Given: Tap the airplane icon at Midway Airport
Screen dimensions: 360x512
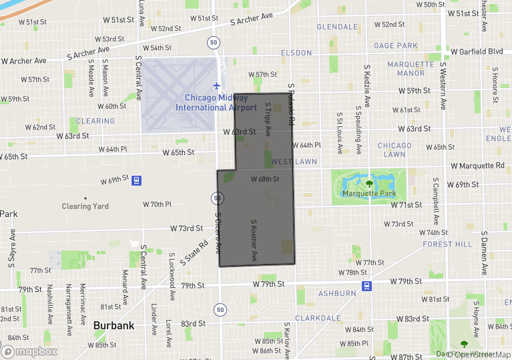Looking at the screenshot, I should pyautogui.click(x=216, y=86).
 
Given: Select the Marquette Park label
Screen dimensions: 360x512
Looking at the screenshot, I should pyautogui.click(x=369, y=194).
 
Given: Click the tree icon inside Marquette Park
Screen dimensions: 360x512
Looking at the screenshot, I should pyautogui.click(x=368, y=182).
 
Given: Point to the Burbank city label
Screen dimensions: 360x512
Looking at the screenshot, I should pyautogui.click(x=113, y=325).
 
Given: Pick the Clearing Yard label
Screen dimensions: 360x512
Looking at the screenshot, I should pyautogui.click(x=85, y=206).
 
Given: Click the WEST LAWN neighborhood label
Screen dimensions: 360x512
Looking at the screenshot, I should pyautogui.click(x=294, y=162).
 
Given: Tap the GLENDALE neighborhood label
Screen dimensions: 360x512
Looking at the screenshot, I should pyautogui.click(x=337, y=27).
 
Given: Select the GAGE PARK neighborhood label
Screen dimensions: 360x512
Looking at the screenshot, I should pyautogui.click(x=396, y=45).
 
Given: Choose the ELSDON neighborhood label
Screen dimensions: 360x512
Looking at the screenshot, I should pyautogui.click(x=296, y=53).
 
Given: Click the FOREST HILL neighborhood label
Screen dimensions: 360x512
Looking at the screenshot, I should pyautogui.click(x=447, y=244).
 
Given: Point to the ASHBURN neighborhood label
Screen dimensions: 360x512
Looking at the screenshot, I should pyautogui.click(x=337, y=293).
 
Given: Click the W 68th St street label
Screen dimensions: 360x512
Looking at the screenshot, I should pyautogui.click(x=264, y=179).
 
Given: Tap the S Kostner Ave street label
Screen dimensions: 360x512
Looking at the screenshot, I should pyautogui.click(x=254, y=240).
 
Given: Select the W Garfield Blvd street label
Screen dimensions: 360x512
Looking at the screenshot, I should pyautogui.click(x=476, y=51).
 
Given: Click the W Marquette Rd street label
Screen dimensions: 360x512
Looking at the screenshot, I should pyautogui.click(x=477, y=165).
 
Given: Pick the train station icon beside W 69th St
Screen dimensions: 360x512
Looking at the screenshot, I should pyautogui.click(x=137, y=180).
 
